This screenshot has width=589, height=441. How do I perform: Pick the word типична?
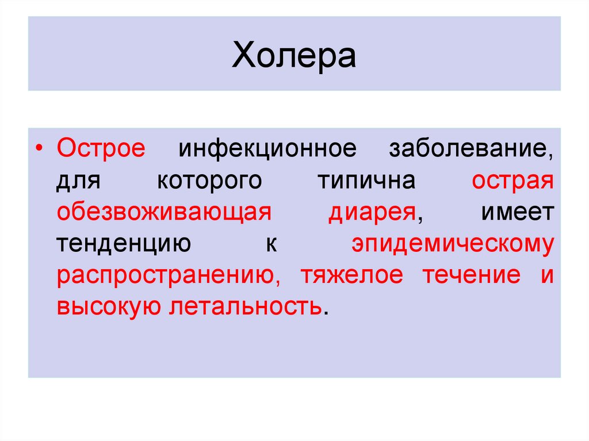pos(366,181)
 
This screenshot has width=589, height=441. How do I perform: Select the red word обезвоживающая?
pos(164,213)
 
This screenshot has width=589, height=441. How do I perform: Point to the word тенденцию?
pos(124,245)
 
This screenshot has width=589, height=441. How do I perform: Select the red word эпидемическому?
pos(453,245)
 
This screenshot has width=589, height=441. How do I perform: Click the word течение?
pos(472,275)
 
